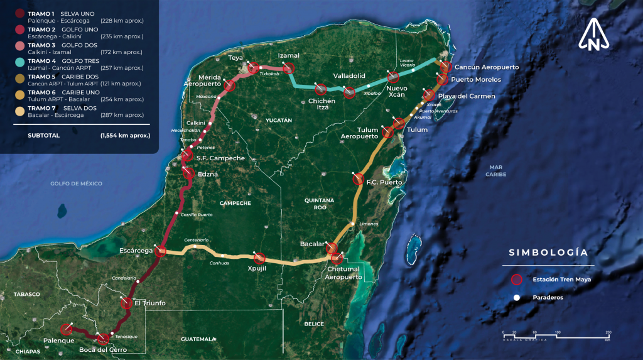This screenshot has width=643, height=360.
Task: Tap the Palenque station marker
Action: tap(66, 329)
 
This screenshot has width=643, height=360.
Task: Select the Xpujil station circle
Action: tap(259, 258)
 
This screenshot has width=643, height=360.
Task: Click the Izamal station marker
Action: tap(288, 68)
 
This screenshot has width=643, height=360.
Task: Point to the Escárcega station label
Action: tap(136, 251)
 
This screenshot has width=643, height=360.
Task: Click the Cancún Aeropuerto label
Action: tap(487, 67)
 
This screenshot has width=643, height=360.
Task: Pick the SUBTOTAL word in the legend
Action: tap(43, 135)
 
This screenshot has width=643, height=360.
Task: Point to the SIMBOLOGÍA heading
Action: tap(548, 253)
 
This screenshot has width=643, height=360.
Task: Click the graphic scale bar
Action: tap(556, 335)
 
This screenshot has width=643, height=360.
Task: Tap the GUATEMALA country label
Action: tap(198, 339)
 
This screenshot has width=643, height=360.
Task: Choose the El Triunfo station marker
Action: tap(126, 303)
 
